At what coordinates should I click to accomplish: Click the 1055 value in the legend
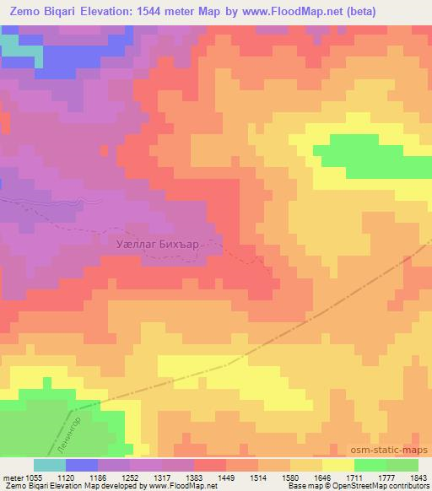[x=33, y=477]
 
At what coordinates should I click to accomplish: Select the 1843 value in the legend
[x=419, y=477]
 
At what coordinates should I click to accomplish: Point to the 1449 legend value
[x=226, y=477]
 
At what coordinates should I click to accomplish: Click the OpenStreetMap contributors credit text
[x=385, y=487]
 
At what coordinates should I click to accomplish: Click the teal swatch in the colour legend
[x=49, y=465]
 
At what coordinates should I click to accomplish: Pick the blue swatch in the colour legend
[x=81, y=465]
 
